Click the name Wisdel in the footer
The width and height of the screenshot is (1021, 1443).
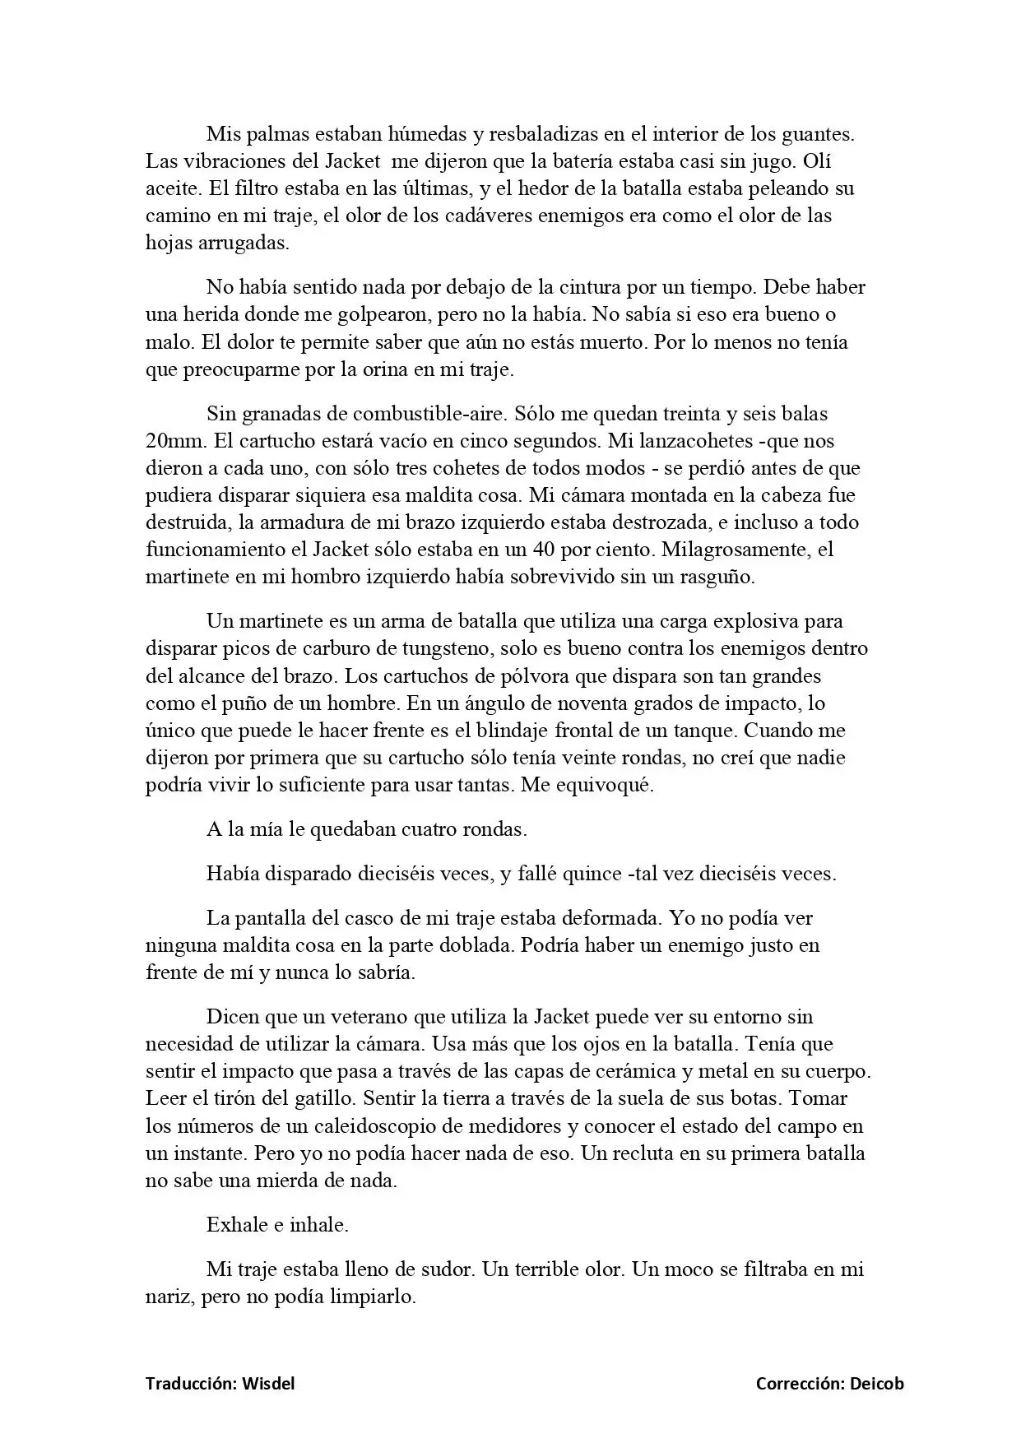(268, 1384)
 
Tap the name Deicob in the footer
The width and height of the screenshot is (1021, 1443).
(877, 1384)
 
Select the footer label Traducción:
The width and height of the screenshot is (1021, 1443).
(192, 1384)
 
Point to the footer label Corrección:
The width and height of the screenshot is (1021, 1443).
(800, 1384)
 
